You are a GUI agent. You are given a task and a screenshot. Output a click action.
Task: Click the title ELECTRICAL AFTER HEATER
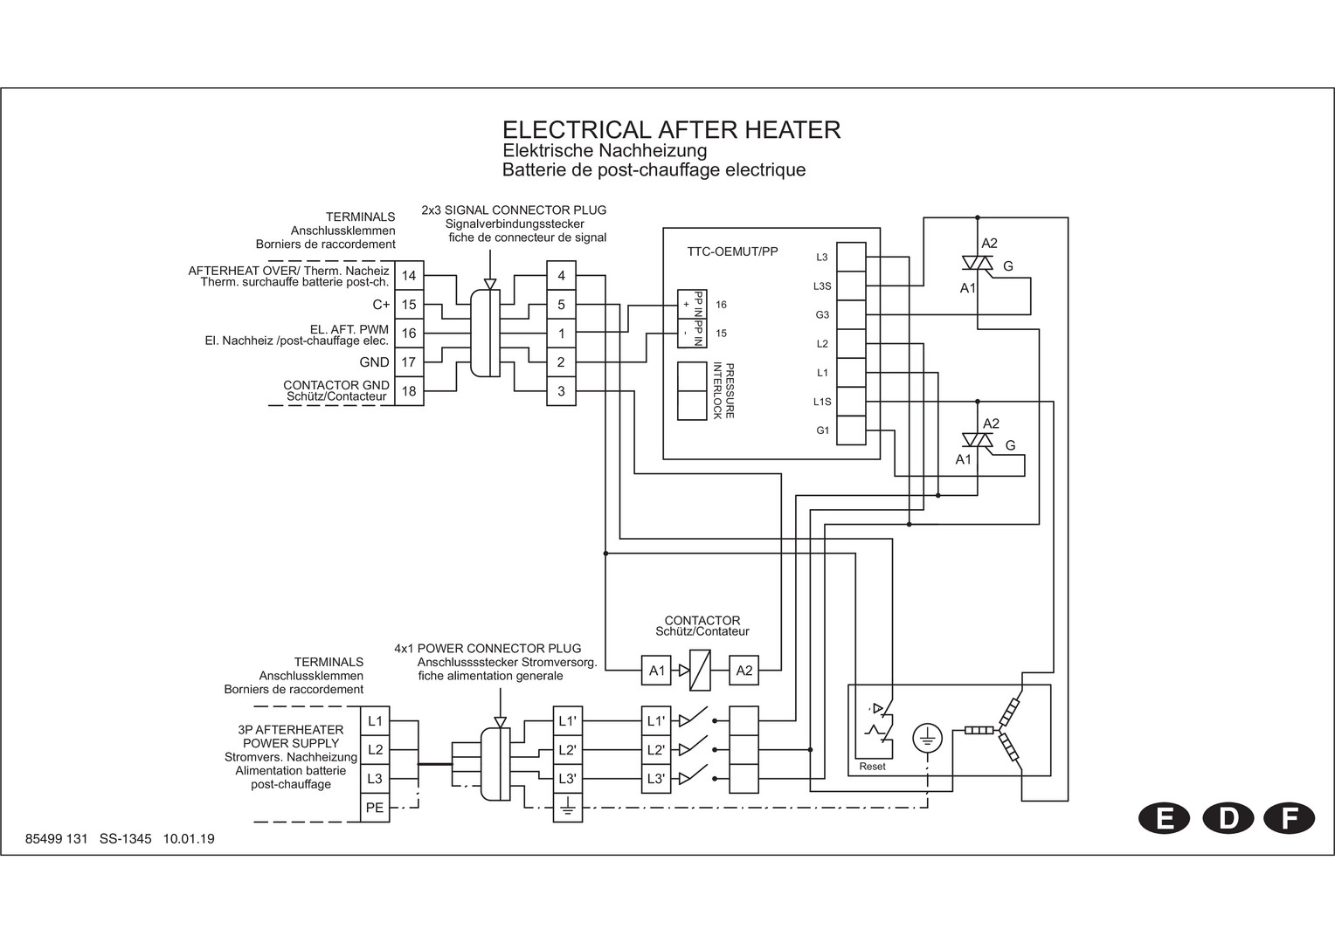tap(671, 130)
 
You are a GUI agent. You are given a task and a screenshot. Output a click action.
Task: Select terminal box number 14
tap(409, 276)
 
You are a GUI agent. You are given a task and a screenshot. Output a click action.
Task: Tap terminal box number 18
tap(409, 391)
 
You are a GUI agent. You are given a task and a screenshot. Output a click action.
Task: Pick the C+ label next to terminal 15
tap(381, 305)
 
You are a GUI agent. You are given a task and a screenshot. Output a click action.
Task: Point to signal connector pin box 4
tap(561, 276)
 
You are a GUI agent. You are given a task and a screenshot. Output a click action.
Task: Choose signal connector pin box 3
tap(561, 391)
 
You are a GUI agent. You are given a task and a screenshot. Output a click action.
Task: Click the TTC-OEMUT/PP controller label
tap(732, 252)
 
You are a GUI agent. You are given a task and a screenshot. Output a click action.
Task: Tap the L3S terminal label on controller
tap(821, 286)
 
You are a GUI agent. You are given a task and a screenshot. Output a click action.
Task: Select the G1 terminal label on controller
tap(822, 430)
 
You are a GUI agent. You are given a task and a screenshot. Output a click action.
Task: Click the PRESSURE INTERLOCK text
tap(723, 390)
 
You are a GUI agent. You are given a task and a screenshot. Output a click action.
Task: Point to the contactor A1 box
tap(657, 671)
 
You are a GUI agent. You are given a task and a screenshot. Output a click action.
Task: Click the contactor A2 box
tap(744, 671)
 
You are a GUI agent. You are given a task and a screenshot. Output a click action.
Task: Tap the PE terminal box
tap(375, 808)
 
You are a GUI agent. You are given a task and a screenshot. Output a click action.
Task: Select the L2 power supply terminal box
tap(375, 749)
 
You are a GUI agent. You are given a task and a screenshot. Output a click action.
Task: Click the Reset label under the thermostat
tap(872, 767)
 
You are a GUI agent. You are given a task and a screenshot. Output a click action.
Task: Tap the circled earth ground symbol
tap(926, 739)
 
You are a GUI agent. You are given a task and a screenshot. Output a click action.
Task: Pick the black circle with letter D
tap(1228, 818)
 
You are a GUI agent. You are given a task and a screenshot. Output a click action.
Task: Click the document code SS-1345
tap(126, 839)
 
